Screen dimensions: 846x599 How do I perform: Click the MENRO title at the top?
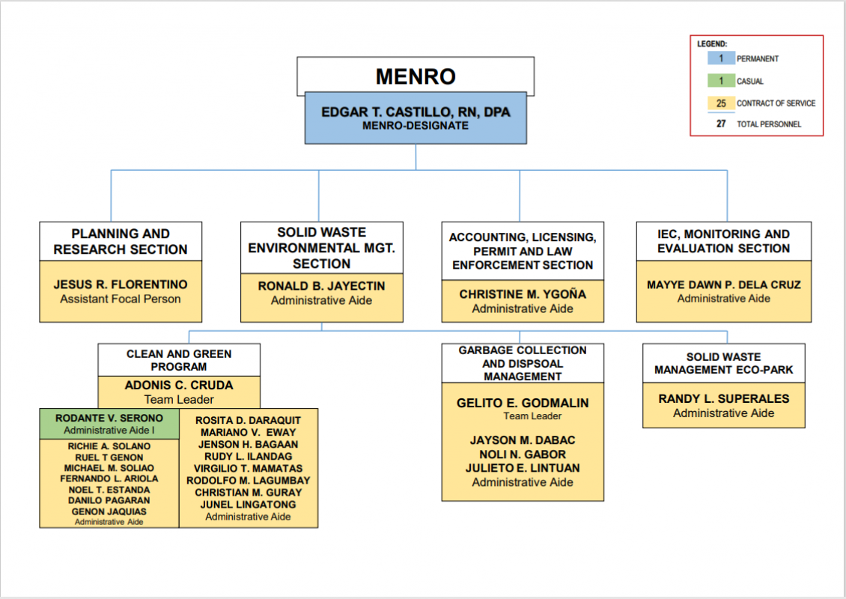(416, 76)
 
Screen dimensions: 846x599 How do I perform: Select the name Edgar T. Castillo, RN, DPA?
(416, 112)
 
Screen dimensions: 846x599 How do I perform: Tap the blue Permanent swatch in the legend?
(721, 58)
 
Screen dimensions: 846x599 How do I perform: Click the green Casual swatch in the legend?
(721, 81)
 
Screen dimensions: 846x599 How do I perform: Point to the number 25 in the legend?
(721, 103)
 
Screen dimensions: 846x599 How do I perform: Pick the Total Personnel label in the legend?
(769, 124)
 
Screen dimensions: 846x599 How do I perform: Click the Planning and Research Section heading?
(121, 241)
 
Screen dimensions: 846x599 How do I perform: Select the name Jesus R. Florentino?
(121, 285)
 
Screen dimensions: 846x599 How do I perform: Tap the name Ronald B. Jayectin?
(322, 286)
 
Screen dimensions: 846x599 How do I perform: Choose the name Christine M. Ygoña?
(523, 294)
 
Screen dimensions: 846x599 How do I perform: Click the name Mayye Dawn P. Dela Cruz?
(723, 285)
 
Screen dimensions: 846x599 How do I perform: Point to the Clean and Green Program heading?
(179, 360)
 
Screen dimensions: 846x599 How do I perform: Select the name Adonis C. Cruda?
(179, 386)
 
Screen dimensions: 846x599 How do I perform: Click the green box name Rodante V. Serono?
(109, 419)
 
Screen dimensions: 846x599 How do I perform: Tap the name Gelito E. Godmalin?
(523, 403)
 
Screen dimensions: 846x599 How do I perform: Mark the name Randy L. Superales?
(723, 399)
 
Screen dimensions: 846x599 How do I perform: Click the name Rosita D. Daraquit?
(249, 420)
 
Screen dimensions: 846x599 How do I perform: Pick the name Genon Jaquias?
(109, 511)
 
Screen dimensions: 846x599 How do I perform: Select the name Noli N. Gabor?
(523, 454)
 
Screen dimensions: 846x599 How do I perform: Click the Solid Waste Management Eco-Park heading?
(723, 363)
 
